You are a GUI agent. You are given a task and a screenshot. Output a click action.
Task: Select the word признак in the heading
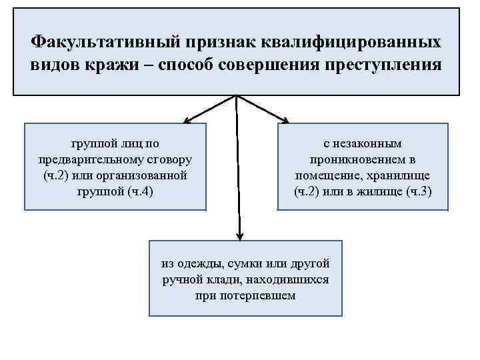pos(223,42)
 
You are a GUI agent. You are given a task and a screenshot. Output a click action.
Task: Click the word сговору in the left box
pos(169,160)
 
